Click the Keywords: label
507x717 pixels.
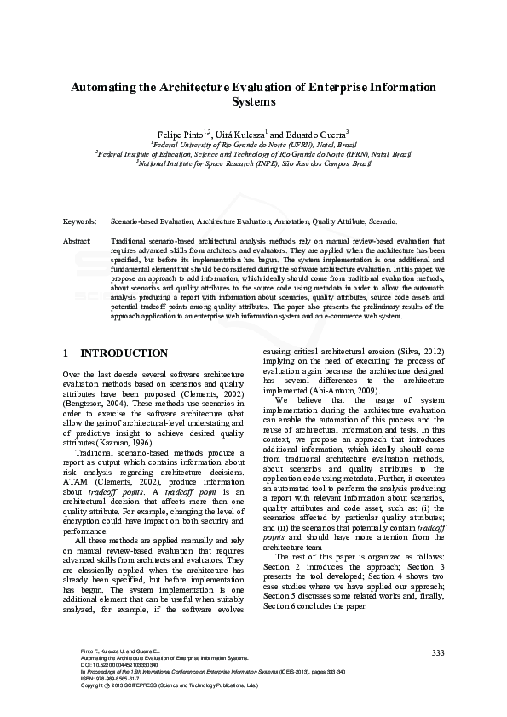coord(80,221)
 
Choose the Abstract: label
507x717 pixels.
coord(78,242)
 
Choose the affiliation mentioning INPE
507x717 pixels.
coord(254,163)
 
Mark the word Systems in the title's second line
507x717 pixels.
coord(254,102)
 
